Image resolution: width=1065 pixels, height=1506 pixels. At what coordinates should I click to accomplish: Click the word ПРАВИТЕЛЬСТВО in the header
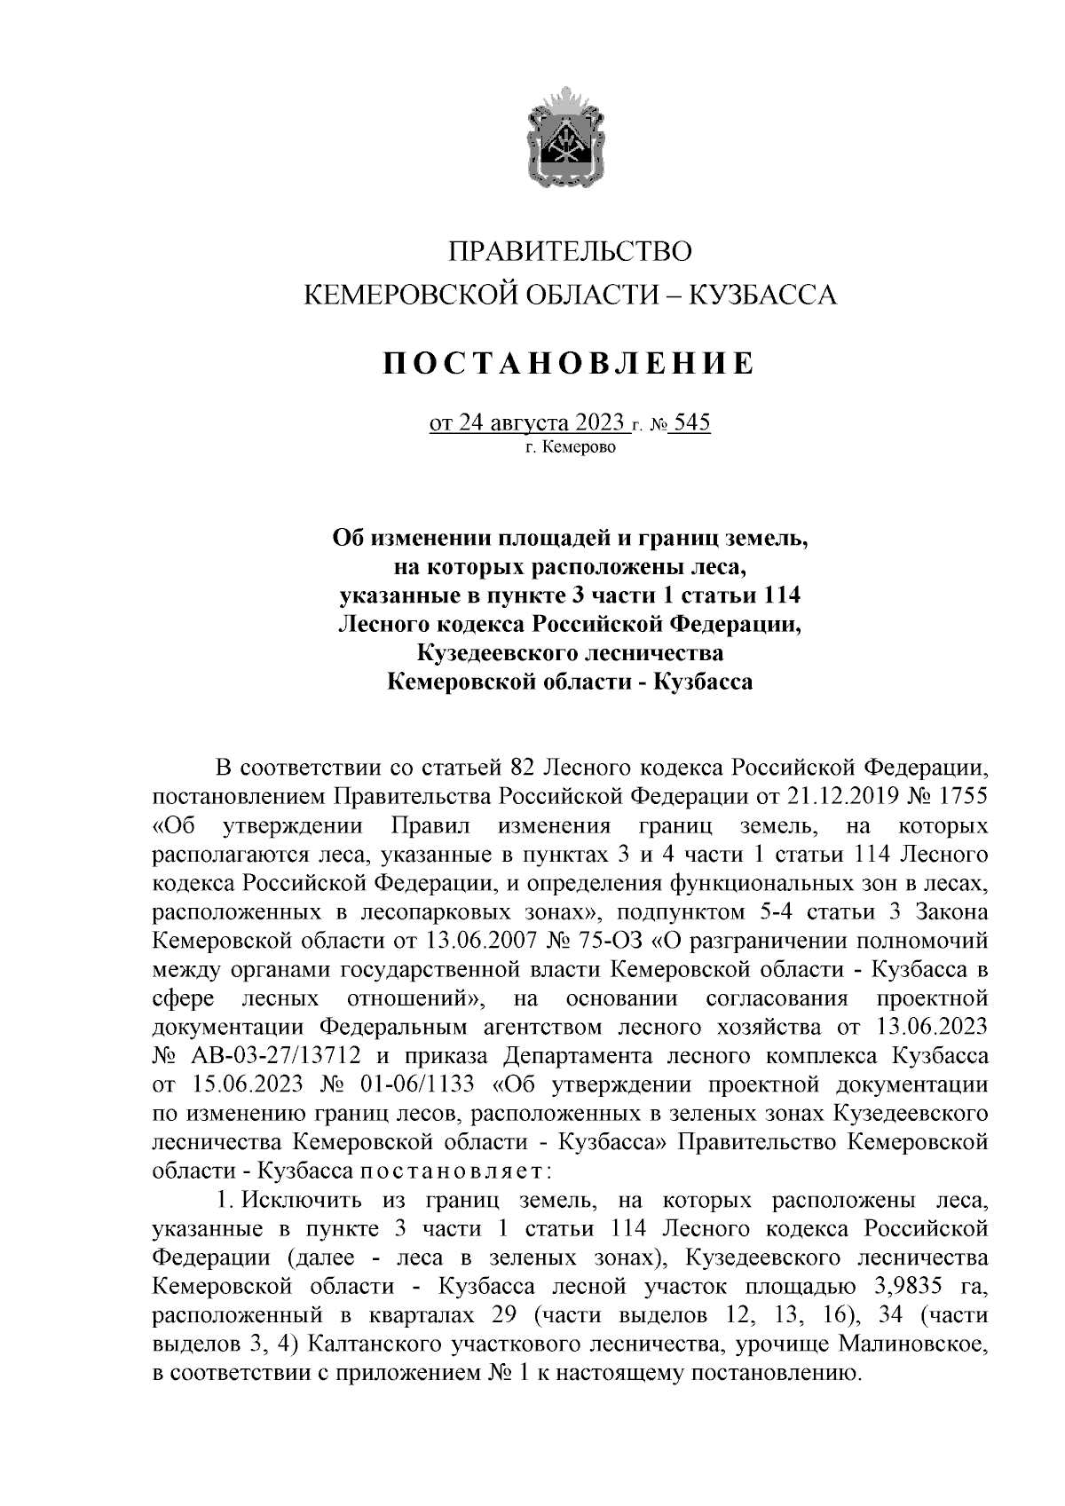(569, 251)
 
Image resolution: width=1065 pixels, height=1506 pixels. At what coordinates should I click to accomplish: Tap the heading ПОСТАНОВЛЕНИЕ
(569, 364)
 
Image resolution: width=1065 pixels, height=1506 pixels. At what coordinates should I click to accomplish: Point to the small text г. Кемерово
(569, 447)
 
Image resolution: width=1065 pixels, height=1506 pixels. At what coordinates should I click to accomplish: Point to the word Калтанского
(381, 1345)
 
